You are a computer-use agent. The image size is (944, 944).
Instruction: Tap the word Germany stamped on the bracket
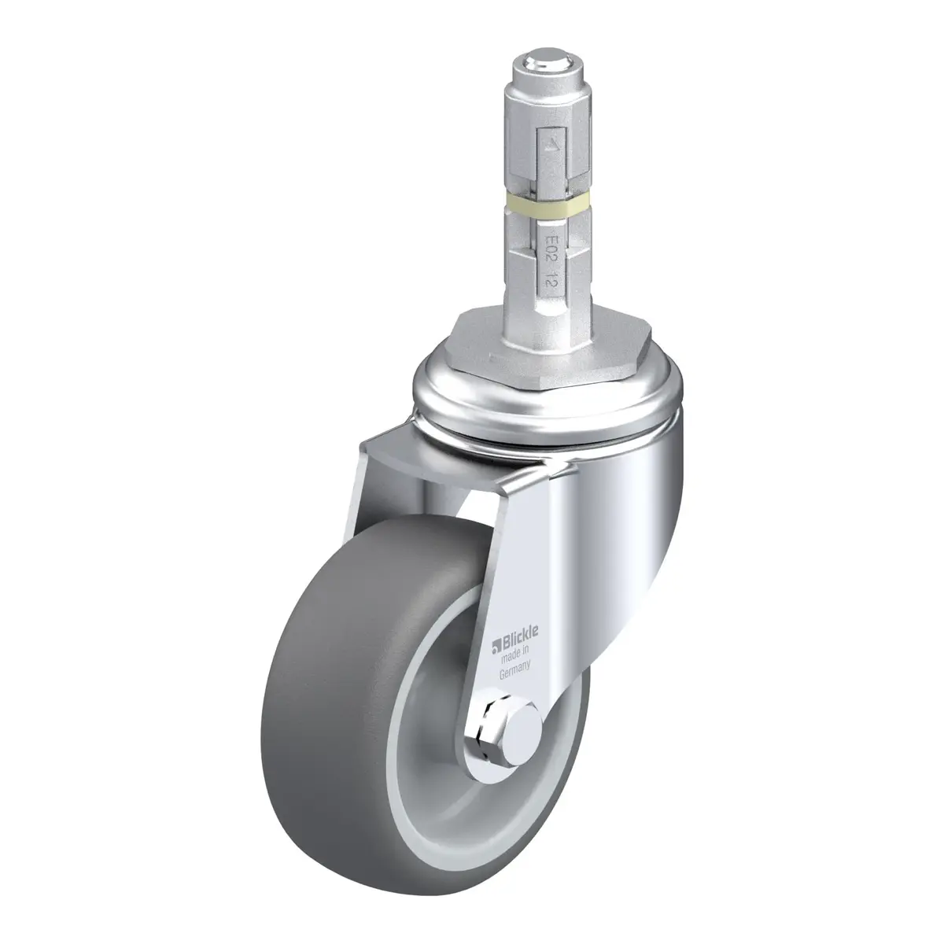pos(514,669)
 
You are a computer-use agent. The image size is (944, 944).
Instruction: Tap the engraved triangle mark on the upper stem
pos(551,146)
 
